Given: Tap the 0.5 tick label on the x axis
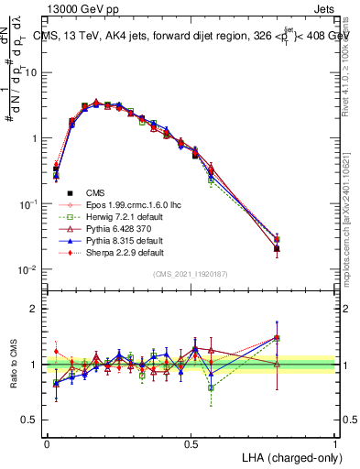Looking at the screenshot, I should click(191, 443).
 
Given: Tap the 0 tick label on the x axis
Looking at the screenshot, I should click(47, 443).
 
